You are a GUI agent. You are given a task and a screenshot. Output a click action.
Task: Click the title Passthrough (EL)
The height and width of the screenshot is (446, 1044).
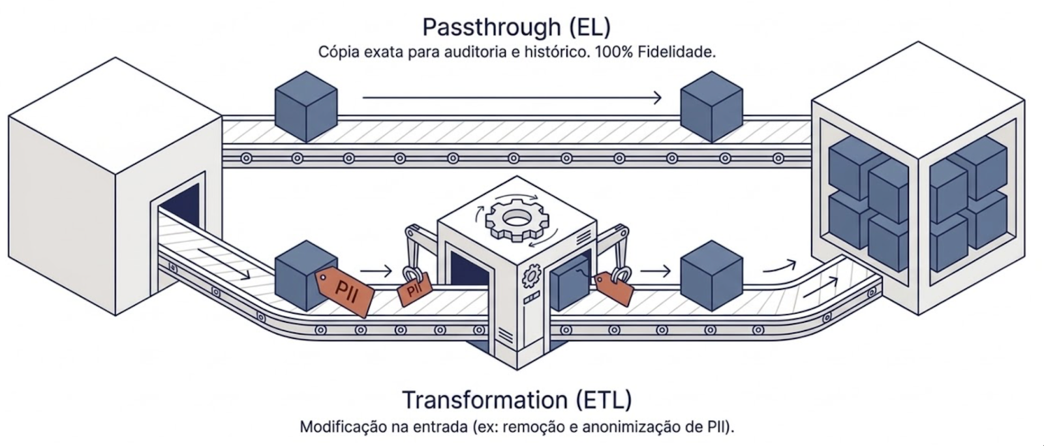point(516,27)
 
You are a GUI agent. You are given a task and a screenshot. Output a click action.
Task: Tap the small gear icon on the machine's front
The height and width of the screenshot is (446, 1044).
point(530,276)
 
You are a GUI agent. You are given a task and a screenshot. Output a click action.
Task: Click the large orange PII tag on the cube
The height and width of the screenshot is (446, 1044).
point(345,291)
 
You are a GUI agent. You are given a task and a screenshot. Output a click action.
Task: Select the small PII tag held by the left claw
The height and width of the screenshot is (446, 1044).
point(415,289)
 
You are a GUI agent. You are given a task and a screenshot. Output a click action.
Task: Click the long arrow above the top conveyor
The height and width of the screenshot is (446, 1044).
point(512,98)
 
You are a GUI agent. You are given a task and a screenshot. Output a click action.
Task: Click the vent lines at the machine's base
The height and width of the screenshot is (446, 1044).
point(504,335)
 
